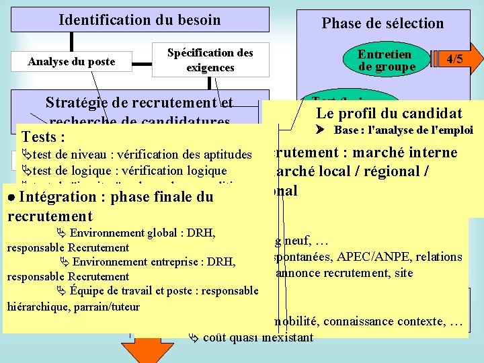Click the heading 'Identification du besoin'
point(139,19)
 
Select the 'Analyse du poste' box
point(71,62)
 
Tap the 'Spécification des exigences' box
point(210,60)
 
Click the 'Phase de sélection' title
point(382,24)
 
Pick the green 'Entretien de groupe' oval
point(385,60)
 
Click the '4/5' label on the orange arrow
point(455,59)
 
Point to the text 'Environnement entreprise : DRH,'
point(154,262)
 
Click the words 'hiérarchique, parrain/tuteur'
point(73,307)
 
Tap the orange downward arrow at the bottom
point(146,346)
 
